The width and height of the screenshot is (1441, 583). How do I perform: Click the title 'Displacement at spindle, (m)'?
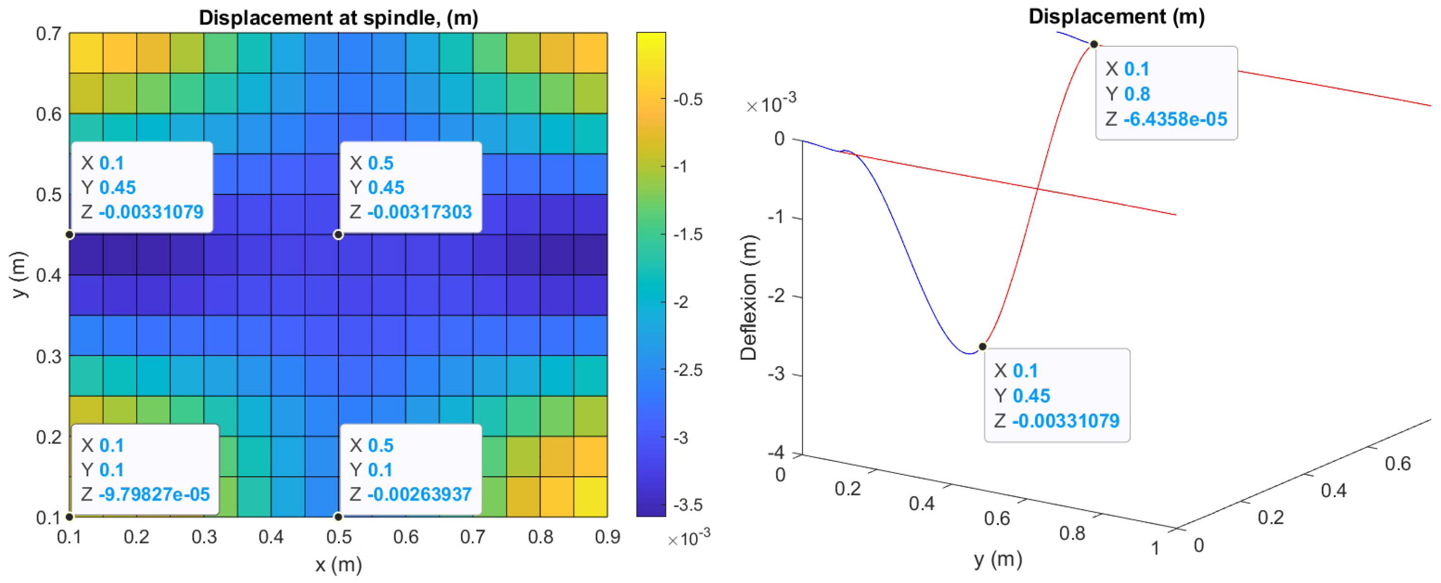coord(338,17)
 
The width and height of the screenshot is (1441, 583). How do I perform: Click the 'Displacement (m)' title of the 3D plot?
coord(1116,16)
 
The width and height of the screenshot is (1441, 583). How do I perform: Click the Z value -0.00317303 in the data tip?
coord(419,212)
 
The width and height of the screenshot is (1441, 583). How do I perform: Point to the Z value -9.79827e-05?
coord(154,495)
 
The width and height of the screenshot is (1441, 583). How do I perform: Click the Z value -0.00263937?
coord(419,495)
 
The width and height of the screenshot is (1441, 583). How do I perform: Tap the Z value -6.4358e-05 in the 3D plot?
coord(1175,119)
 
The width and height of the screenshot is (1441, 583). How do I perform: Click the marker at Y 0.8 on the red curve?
coord(1093,44)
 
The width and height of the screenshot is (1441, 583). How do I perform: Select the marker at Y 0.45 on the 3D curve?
coord(982,347)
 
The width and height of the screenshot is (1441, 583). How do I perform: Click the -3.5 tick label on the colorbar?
coord(687,505)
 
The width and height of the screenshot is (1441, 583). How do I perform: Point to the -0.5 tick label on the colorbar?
coord(687,99)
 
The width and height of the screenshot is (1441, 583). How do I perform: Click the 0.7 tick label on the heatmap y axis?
coord(49,34)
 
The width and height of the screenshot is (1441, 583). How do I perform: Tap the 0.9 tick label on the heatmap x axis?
coord(607,537)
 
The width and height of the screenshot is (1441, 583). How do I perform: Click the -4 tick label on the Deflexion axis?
coord(776,452)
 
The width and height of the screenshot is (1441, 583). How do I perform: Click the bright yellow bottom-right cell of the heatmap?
coord(591,497)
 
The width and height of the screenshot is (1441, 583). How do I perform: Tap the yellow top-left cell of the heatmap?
coord(85,53)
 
